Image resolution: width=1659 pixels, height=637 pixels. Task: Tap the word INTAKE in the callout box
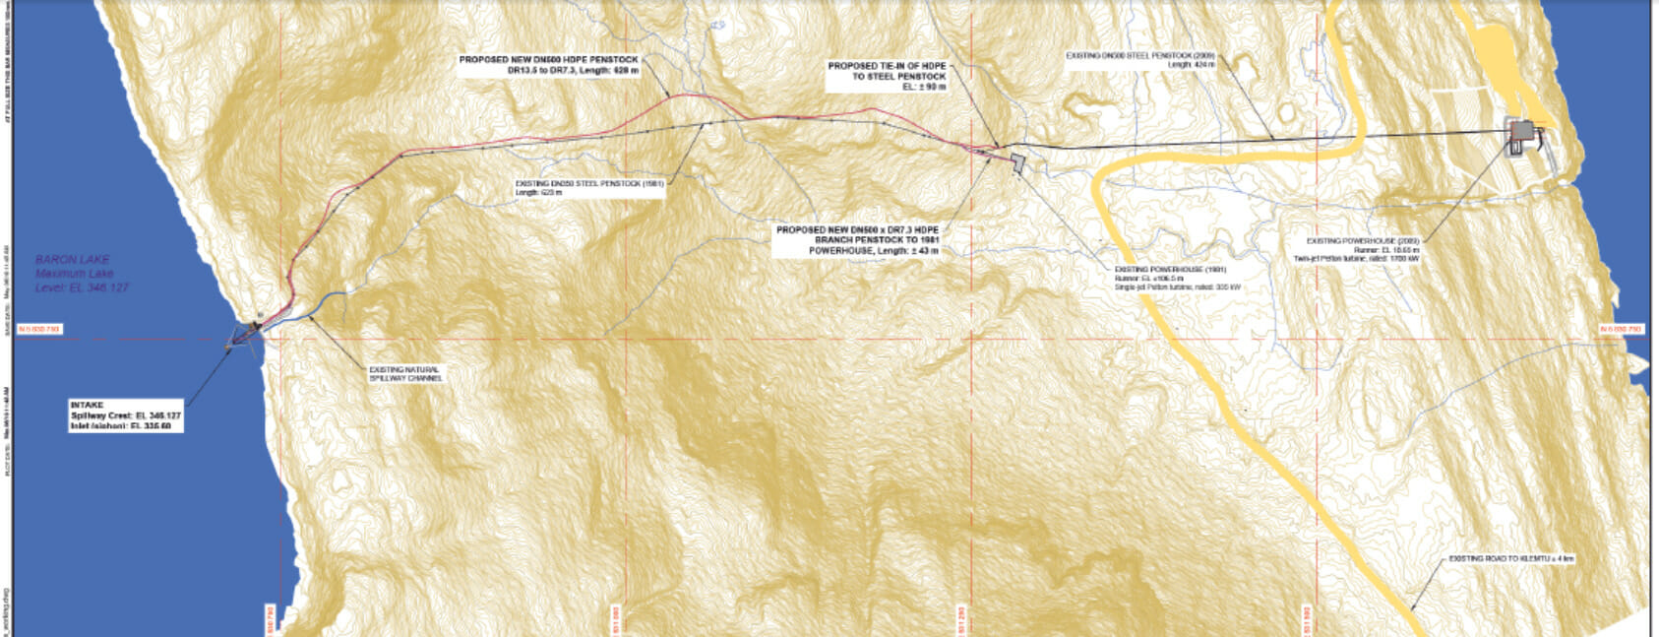pos(87,405)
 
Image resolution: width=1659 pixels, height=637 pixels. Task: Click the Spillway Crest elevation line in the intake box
pos(125,415)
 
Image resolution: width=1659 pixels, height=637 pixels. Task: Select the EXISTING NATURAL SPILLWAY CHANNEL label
pos(404,374)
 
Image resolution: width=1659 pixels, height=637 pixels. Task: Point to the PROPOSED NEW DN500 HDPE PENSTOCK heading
pos(548,60)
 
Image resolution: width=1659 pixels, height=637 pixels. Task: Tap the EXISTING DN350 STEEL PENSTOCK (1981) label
pos(589,183)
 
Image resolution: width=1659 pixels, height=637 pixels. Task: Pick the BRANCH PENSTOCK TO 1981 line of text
pos(877,240)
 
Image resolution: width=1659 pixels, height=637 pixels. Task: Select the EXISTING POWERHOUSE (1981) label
pos(1170,269)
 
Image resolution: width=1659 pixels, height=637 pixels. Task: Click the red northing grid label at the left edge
pos(39,329)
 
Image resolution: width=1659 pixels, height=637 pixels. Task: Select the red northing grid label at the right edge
pos(1620,329)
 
